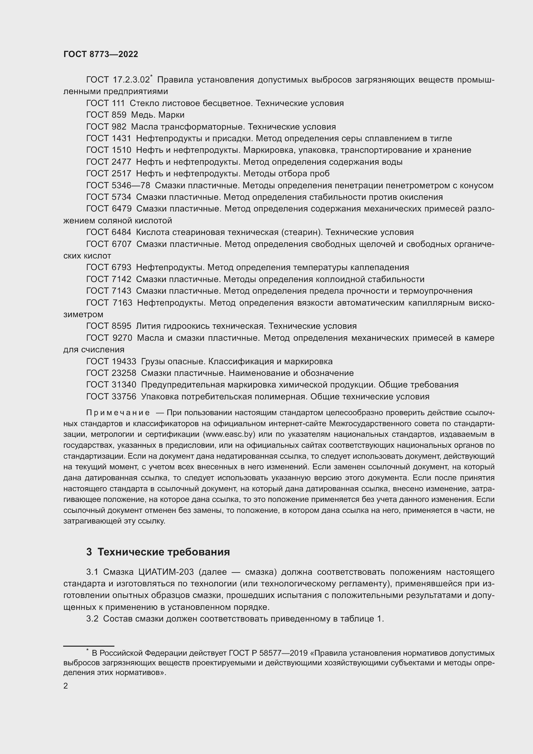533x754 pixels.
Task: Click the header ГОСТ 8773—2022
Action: click(101, 54)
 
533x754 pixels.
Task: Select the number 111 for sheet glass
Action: click(118, 103)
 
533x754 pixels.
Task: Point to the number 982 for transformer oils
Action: click(119, 127)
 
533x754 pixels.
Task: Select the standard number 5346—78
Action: click(131, 186)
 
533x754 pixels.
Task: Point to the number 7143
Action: click(121, 291)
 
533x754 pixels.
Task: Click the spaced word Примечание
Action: click(118, 413)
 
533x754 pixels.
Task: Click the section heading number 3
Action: click(89, 552)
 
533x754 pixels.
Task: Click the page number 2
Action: click(66, 686)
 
